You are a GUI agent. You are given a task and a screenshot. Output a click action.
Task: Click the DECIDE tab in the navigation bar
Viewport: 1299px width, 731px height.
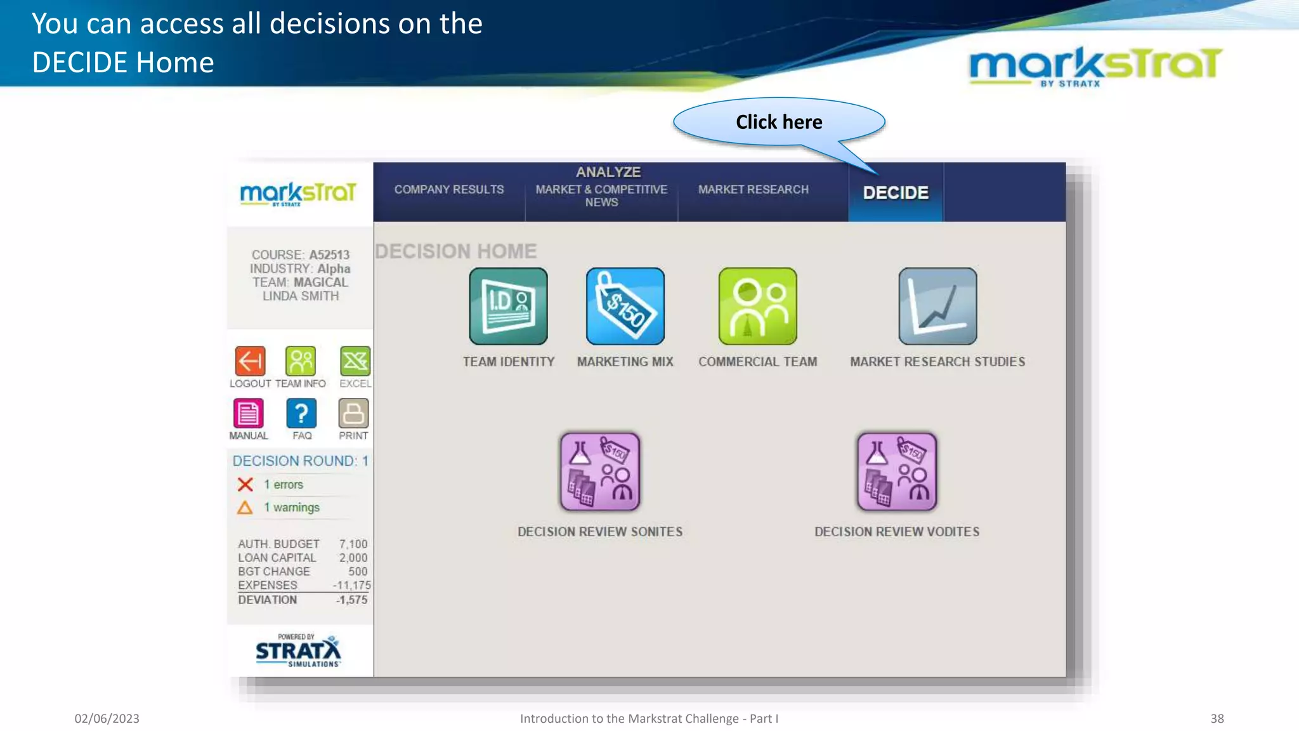pyautogui.click(x=895, y=192)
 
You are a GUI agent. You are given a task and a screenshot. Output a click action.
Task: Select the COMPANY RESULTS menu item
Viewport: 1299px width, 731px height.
pyautogui.click(x=449, y=190)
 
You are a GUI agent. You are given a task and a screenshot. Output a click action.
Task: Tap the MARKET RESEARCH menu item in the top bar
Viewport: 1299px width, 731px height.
pyautogui.click(x=753, y=190)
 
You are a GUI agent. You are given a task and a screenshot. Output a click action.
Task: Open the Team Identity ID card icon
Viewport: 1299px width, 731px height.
pyautogui.click(x=508, y=306)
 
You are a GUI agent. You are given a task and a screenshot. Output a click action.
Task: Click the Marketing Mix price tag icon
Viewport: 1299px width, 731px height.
pyautogui.click(x=625, y=306)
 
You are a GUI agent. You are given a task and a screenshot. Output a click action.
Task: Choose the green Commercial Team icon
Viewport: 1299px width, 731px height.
pyautogui.click(x=757, y=306)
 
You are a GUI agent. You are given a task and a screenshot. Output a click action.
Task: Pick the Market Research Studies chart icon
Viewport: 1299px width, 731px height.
pyautogui.click(x=937, y=306)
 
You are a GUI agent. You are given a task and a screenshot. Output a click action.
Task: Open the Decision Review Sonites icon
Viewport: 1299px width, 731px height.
pyautogui.click(x=600, y=472)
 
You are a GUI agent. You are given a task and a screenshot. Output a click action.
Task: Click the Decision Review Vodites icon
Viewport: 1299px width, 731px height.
pyautogui.click(x=897, y=472)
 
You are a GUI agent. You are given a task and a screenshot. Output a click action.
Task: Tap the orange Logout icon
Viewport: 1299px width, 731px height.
pyautogui.click(x=250, y=362)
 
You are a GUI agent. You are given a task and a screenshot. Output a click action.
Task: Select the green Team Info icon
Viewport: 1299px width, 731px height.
pyautogui.click(x=301, y=362)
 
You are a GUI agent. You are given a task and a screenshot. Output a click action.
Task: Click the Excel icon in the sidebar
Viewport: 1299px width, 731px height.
pyautogui.click(x=355, y=362)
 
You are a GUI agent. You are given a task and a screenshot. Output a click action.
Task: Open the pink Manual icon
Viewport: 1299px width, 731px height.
pyautogui.click(x=248, y=414)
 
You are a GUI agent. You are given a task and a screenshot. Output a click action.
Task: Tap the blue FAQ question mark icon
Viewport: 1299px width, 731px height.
pyautogui.click(x=301, y=414)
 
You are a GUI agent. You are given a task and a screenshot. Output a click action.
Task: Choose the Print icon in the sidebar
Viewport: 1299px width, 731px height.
pyautogui.click(x=353, y=414)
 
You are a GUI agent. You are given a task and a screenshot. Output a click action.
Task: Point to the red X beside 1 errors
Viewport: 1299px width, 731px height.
pyautogui.click(x=245, y=485)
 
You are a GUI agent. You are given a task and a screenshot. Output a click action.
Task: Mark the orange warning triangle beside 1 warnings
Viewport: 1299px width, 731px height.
pyautogui.click(x=245, y=508)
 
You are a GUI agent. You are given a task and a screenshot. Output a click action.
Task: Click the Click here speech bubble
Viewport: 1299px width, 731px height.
pyautogui.click(x=779, y=122)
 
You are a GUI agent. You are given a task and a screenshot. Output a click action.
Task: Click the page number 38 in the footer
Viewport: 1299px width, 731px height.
pyautogui.click(x=1217, y=718)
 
